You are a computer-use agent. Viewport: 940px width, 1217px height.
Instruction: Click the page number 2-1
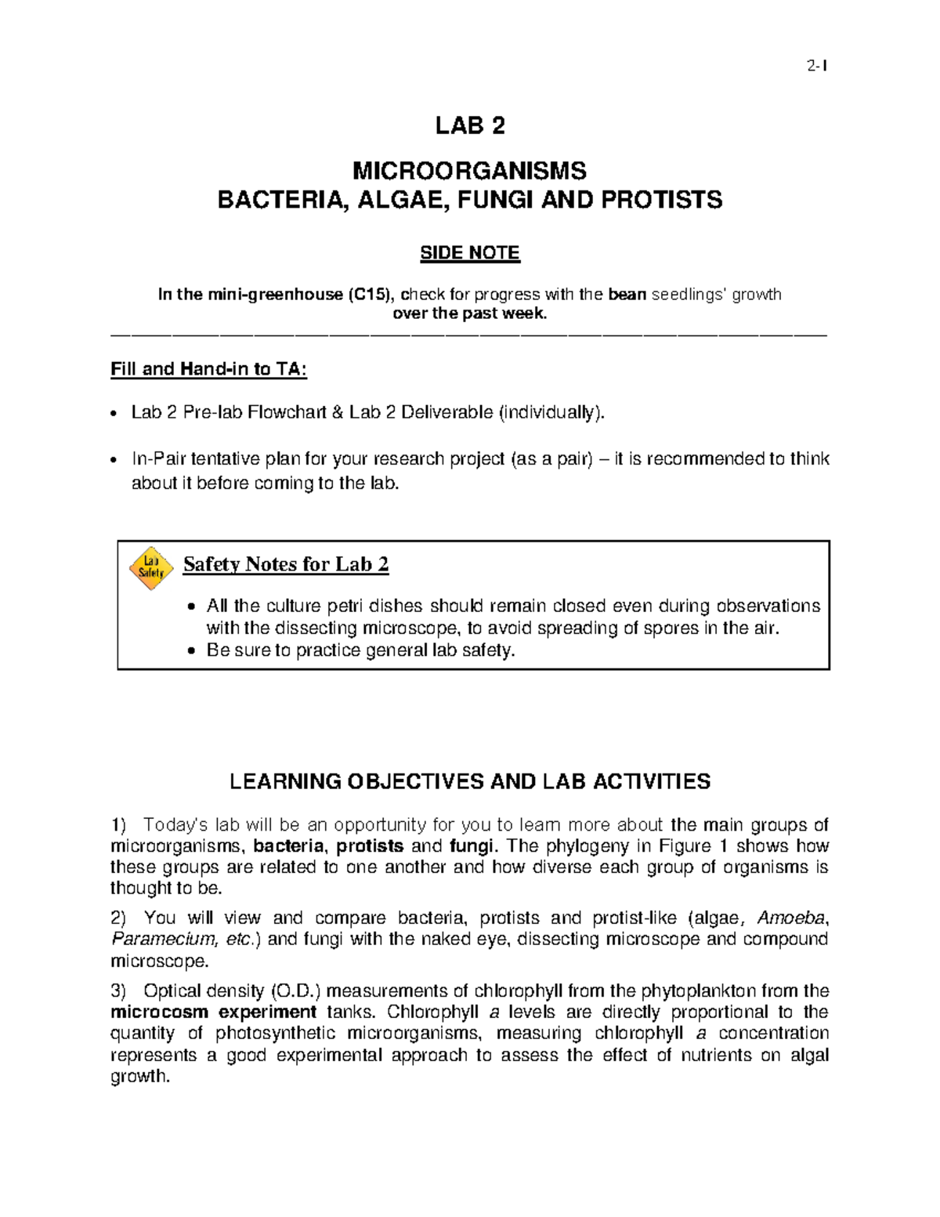(817, 66)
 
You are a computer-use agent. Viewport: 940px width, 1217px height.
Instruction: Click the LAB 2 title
(470, 125)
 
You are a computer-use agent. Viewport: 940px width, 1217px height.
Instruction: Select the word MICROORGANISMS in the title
(469, 170)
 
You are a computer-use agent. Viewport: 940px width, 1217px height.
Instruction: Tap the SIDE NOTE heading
(470, 253)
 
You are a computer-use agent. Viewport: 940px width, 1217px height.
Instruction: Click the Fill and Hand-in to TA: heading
(208, 369)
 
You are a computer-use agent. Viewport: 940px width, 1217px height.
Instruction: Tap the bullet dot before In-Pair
(114, 460)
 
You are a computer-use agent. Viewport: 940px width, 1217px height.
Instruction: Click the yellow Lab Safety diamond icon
(150, 567)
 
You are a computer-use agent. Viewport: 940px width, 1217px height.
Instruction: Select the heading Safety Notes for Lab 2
(286, 564)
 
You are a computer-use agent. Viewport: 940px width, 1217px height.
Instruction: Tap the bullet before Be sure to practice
(191, 651)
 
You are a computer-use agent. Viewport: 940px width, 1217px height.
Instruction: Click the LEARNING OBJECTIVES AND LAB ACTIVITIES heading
(470, 781)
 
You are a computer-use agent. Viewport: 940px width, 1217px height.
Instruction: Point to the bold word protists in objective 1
(370, 846)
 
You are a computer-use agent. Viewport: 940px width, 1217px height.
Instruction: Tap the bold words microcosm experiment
(213, 1012)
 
